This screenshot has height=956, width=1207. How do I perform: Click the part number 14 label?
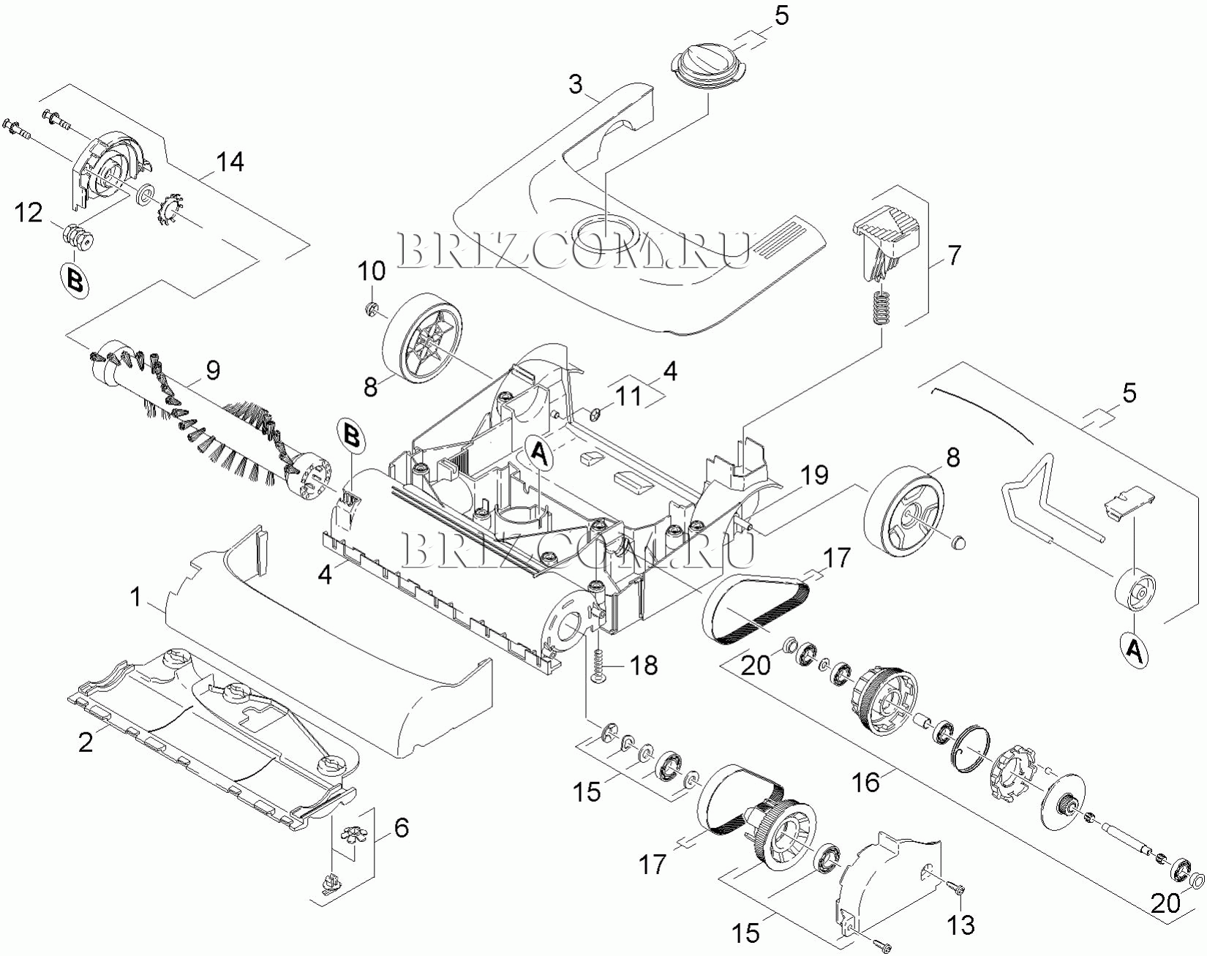pyautogui.click(x=230, y=162)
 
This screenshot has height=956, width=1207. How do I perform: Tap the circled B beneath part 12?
pyautogui.click(x=75, y=280)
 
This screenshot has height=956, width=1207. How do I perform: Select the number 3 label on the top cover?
pyautogui.click(x=576, y=85)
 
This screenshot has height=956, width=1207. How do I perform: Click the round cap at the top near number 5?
pyautogui.click(x=707, y=68)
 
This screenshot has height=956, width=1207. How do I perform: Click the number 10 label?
pyautogui.click(x=372, y=271)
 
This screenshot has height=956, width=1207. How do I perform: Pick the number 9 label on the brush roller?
pyautogui.click(x=212, y=371)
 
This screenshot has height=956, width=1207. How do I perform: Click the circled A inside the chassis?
pyautogui.click(x=539, y=453)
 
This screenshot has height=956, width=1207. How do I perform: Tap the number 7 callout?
pyautogui.click(x=953, y=256)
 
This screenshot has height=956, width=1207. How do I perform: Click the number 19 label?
pyautogui.click(x=813, y=475)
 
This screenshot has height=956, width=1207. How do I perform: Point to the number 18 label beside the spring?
pyautogui.click(x=644, y=666)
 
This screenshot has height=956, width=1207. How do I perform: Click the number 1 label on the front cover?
pyautogui.click(x=135, y=598)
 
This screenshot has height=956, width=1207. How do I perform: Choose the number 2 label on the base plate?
pyautogui.click(x=86, y=742)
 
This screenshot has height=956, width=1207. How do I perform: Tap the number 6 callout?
pyautogui.click(x=401, y=828)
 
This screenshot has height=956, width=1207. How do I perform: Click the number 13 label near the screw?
pyautogui.click(x=960, y=925)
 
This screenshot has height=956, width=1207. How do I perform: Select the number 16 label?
pyautogui.click(x=865, y=782)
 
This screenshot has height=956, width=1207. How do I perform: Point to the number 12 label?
pyautogui.click(x=29, y=214)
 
